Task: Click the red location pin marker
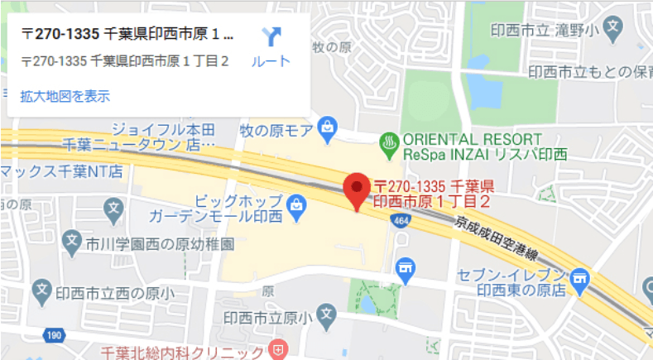click(x=357, y=190)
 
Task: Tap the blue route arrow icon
click(x=271, y=37)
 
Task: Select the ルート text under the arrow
click(x=271, y=61)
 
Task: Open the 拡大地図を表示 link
click(x=65, y=96)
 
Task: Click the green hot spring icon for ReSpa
click(x=387, y=142)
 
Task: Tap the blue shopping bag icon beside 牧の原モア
click(x=329, y=127)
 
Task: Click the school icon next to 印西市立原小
click(x=327, y=314)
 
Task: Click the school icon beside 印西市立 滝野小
click(x=612, y=27)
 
